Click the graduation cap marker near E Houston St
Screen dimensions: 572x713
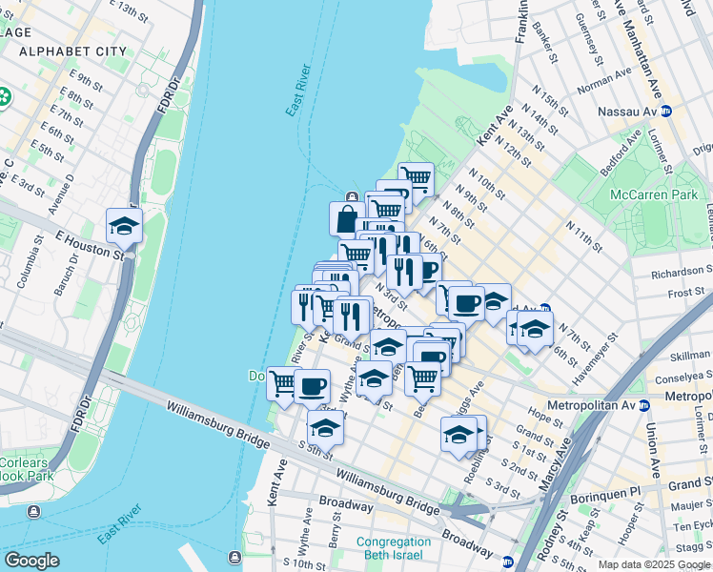coord(124,227)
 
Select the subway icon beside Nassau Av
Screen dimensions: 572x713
coord(667,111)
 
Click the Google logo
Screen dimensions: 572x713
coord(32,561)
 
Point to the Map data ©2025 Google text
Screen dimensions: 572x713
coord(654,564)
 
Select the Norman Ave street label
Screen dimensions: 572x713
coord(604,78)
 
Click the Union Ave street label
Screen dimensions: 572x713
coord(654,450)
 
